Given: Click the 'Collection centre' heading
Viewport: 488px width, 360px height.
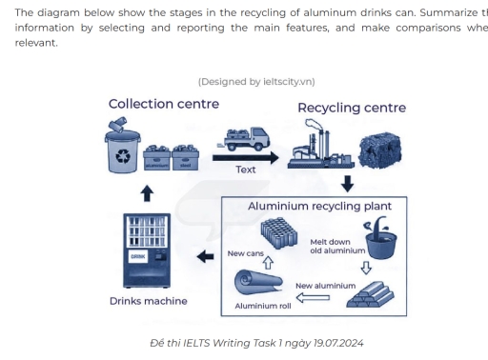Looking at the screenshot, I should pyautogui.click(x=163, y=104).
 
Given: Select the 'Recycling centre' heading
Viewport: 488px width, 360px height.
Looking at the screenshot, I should pyautogui.click(x=351, y=108).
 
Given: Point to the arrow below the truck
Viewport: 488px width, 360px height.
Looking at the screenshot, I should pyautogui.click(x=244, y=156).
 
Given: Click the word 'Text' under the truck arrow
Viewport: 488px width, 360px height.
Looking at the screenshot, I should pyautogui.click(x=246, y=170).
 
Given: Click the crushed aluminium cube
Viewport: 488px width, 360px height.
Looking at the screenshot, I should pyautogui.click(x=379, y=150).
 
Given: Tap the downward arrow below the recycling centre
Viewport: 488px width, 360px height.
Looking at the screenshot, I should pyautogui.click(x=347, y=183).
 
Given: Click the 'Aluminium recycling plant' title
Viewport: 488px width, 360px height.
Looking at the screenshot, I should pyautogui.click(x=314, y=205).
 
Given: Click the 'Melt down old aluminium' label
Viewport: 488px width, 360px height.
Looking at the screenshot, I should pyautogui.click(x=337, y=246).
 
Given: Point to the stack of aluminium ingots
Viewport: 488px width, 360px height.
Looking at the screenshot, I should pyautogui.click(x=370, y=293).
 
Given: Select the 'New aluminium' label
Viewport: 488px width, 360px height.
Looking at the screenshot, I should pyautogui.click(x=325, y=285).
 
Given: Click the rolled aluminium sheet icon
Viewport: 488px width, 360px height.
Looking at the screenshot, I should pyautogui.click(x=257, y=283).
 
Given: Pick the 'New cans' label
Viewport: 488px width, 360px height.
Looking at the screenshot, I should pyautogui.click(x=247, y=253).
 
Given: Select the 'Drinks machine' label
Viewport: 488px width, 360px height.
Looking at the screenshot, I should pyautogui.click(x=148, y=302).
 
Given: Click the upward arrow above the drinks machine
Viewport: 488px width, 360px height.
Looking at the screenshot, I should pyautogui.click(x=146, y=193).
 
